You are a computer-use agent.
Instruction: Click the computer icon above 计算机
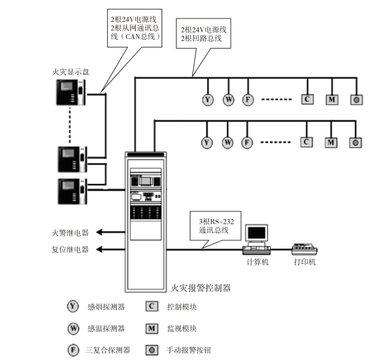coord(257,237)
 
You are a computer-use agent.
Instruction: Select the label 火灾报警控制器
coord(201,289)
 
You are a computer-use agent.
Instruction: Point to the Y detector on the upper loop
coord(207,99)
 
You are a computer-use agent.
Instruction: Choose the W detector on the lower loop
coord(228,142)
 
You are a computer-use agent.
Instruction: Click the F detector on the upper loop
coord(248,99)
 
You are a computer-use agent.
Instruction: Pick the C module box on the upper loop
coord(307,99)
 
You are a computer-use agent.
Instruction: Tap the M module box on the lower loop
coord(331,142)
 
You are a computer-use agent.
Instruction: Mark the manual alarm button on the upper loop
coord(355,99)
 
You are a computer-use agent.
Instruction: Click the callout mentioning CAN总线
coord(135,28)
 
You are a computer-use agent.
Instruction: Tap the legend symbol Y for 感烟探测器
coord(73,306)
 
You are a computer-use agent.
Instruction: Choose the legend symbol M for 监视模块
coord(152,329)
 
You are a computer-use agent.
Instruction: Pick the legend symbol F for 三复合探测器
coord(73,350)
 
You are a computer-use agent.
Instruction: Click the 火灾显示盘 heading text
coord(71,71)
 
